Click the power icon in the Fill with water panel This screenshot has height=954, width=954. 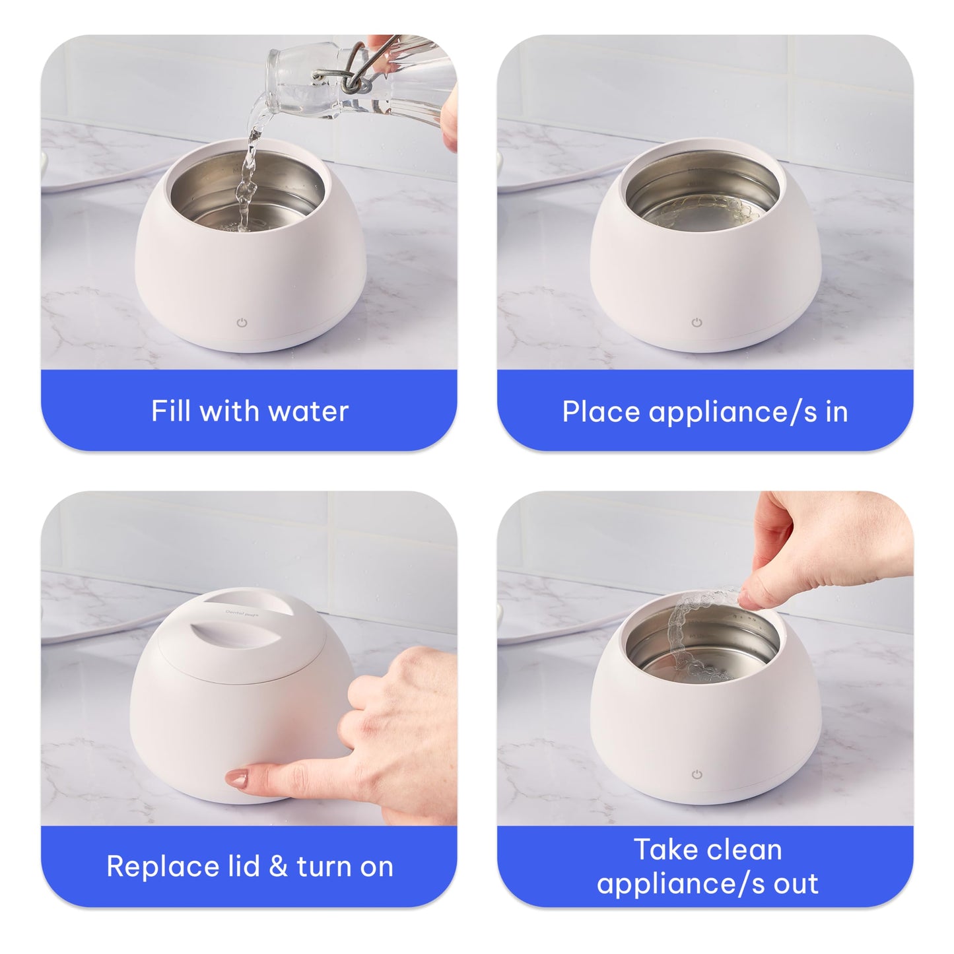tap(242, 323)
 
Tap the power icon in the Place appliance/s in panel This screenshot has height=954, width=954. tap(697, 323)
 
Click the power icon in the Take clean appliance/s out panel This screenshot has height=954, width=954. tap(697, 774)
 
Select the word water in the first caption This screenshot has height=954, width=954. tap(308, 411)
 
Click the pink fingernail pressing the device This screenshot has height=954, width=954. tap(237, 778)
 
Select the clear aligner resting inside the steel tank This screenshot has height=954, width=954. tap(703, 211)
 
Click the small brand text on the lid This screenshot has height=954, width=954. tap(242, 613)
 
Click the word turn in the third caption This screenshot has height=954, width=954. tap(324, 867)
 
